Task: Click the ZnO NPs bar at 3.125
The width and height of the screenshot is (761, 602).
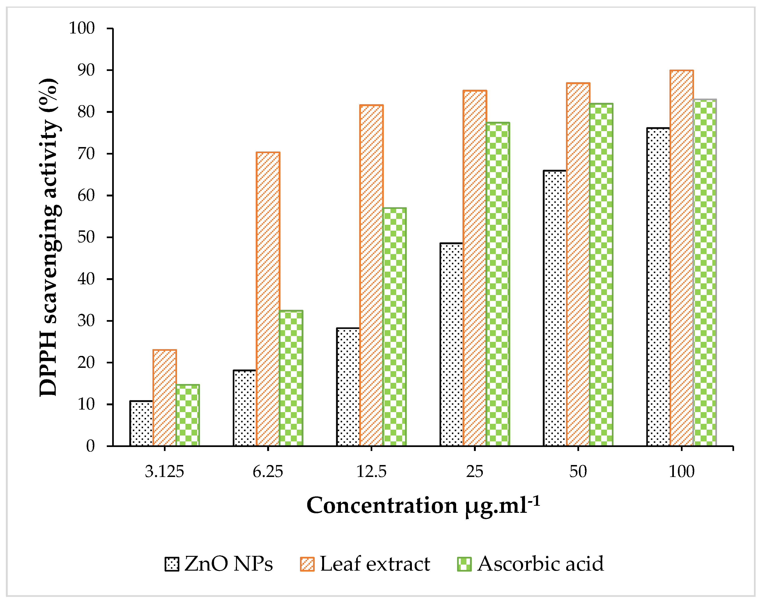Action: pos(141,423)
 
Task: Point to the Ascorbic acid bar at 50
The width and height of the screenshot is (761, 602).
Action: pos(601,275)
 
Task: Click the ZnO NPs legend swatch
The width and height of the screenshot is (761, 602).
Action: pos(172,564)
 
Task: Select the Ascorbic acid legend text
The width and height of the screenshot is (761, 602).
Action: pos(540,564)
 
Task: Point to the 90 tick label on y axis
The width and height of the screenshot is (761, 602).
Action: pos(86,70)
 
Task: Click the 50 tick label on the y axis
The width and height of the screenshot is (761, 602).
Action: pos(86,237)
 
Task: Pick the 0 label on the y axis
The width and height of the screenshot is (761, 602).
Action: pos(91,446)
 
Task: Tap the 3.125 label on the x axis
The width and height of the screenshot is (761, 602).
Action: pos(164,472)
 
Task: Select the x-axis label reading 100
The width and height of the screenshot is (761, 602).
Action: pos(681,472)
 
